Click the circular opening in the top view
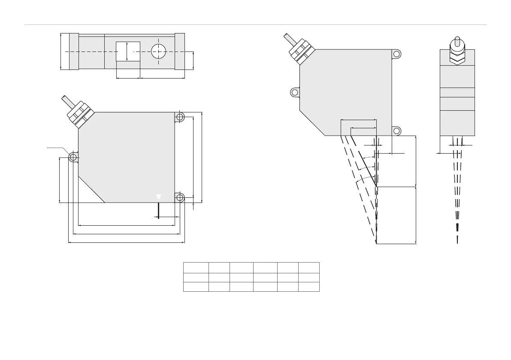click(159, 51)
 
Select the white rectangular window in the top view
click(128, 51)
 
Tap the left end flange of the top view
click(74, 51)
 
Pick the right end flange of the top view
click(180, 51)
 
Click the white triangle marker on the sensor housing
click(159, 197)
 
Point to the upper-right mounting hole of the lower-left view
click(180, 116)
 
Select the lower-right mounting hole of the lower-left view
click(180, 197)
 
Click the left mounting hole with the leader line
click(73, 158)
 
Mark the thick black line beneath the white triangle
click(159, 210)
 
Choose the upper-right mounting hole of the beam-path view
click(397, 54)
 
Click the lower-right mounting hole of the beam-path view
click(397, 131)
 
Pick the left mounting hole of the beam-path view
click(295, 92)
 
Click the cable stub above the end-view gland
click(457, 41)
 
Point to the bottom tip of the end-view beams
click(457, 241)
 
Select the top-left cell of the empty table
click(196, 267)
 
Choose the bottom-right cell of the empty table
click(309, 287)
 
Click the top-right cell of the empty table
click(309, 267)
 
